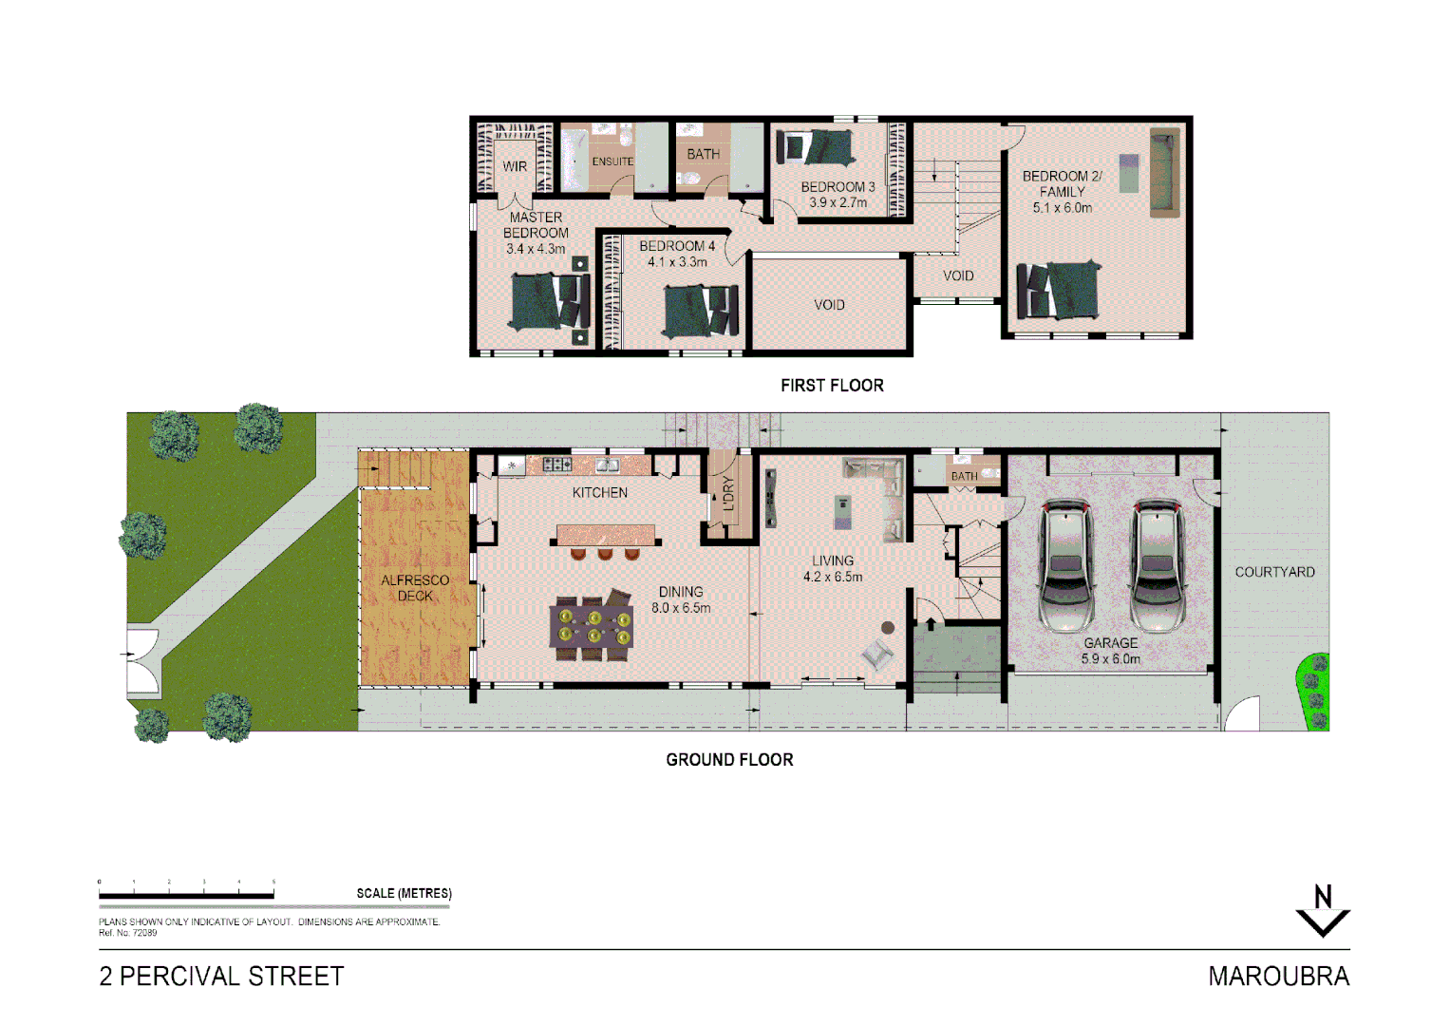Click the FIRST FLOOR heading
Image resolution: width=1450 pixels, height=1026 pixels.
coord(832,385)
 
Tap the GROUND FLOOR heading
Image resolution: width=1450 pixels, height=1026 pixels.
coord(729,759)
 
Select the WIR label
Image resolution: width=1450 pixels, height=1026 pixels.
coord(515,166)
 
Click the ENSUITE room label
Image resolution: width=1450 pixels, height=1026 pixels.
coord(612,161)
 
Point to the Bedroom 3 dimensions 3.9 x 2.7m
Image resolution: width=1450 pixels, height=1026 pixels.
coord(838,202)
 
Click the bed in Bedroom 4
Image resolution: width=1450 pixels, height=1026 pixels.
coord(701,311)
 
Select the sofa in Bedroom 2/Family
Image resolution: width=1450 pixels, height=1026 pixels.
coord(1164,172)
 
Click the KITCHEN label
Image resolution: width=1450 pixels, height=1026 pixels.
coord(599,492)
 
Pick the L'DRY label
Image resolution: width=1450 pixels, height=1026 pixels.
coord(728,494)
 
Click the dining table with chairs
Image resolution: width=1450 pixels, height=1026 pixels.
coord(592,628)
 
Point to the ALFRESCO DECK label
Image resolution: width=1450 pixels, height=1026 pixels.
coord(415,588)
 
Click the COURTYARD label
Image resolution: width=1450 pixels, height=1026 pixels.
coord(1274,572)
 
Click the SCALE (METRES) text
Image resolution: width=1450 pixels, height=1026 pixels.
coord(404,893)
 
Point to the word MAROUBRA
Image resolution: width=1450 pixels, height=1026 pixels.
coord(1278,976)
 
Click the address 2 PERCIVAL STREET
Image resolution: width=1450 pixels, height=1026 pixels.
coord(221,976)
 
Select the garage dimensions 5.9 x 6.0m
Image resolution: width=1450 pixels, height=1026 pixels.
coord(1110,658)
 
